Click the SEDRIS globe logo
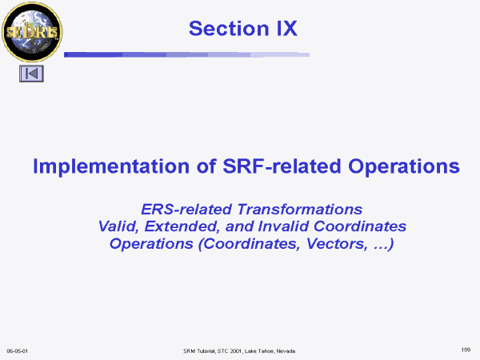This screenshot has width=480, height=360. (32, 31)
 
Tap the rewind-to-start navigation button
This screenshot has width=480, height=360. (31, 74)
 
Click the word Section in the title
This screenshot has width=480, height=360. (229, 29)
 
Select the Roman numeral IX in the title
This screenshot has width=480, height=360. (287, 29)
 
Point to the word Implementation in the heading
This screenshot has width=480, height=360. (111, 167)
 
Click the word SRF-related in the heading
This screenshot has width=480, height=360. (282, 166)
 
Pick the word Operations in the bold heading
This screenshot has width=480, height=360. (404, 167)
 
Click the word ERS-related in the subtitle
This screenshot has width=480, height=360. (186, 210)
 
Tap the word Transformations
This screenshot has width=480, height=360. (300, 210)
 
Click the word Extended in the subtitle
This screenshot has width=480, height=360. (182, 226)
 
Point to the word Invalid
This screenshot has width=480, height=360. (283, 226)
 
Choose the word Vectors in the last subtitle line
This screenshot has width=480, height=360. (337, 244)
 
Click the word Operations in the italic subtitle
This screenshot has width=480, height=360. (151, 244)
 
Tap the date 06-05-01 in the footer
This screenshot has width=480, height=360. (17, 351)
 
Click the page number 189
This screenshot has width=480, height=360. (466, 350)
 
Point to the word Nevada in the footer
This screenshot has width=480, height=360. (286, 351)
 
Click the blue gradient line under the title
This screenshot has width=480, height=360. (186, 54)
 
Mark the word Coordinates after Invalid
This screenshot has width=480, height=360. (360, 226)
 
